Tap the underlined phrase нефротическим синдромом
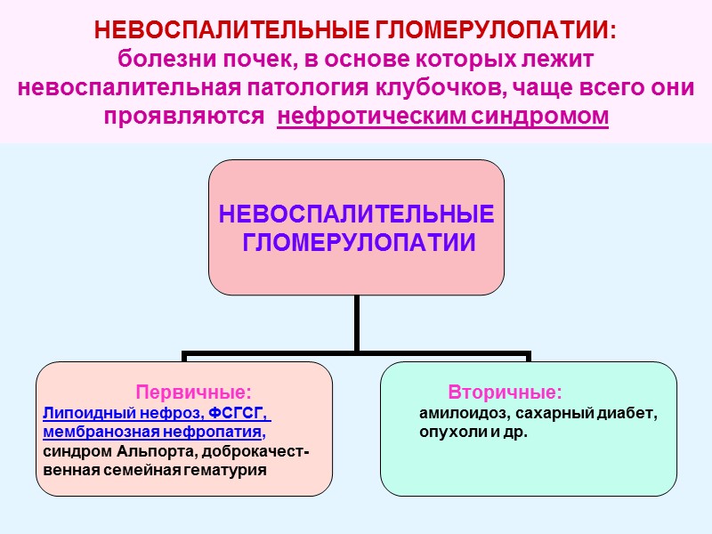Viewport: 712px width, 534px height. (443, 117)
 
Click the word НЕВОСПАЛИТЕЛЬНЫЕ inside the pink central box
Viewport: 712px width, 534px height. (356, 215)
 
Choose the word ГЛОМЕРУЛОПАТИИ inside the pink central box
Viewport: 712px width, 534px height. (356, 242)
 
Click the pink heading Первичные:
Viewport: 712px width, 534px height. (193, 392)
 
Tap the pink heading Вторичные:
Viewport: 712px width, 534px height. (505, 392)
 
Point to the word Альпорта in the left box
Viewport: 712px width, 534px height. (150, 451)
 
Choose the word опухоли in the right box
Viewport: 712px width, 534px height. (451, 433)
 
